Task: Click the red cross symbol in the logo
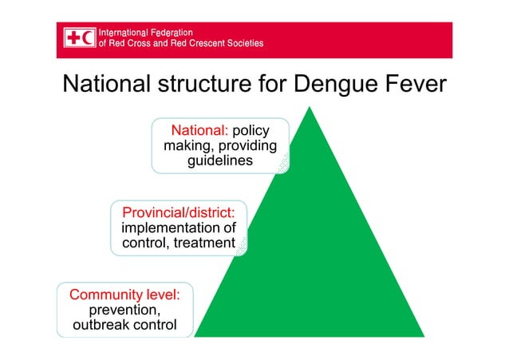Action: pyautogui.click(x=74, y=37)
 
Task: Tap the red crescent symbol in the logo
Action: pyautogui.click(x=87, y=37)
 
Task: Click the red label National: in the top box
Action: pyautogui.click(x=199, y=131)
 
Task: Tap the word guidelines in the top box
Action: pyautogui.click(x=220, y=161)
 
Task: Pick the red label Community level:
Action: pyautogui.click(x=125, y=294)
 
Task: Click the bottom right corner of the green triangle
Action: pyautogui.click(x=424, y=336)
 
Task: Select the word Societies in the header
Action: pyautogui.click(x=243, y=43)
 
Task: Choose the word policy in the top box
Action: pyautogui.click(x=251, y=131)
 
